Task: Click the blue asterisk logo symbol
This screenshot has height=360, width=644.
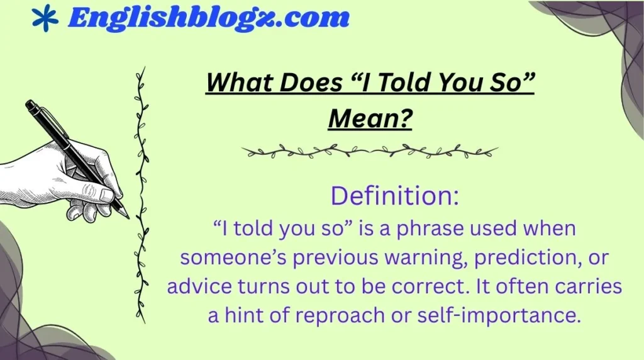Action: pyautogui.click(x=44, y=18)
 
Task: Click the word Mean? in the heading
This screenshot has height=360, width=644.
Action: pyautogui.click(x=370, y=118)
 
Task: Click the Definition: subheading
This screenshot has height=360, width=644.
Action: pyautogui.click(x=395, y=196)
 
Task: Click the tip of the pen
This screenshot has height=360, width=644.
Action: pyautogui.click(x=127, y=217)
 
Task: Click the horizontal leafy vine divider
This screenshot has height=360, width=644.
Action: pyautogui.click(x=370, y=152)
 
